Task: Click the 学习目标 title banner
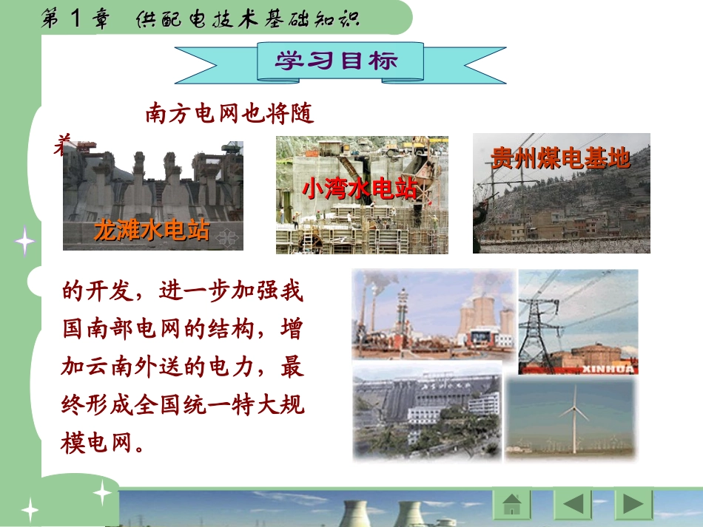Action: pos(338,61)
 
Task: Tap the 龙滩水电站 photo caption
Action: pos(152,231)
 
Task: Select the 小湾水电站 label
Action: pos(360,188)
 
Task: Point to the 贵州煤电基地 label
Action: pos(561,157)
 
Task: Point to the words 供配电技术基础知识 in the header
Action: pos(248,18)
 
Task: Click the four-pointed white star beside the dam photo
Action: pos(24,242)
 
